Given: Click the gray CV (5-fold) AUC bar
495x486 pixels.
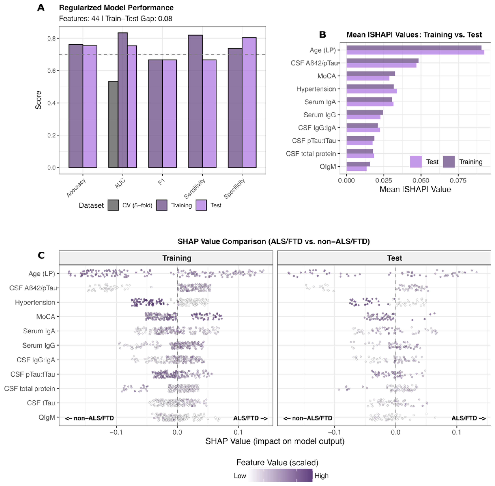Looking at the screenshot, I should pos(113,124).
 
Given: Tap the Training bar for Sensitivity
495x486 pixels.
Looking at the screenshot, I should pos(195,101).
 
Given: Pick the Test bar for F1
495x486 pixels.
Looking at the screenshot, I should pos(169,114).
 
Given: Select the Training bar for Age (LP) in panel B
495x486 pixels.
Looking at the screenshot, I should pos(413,48).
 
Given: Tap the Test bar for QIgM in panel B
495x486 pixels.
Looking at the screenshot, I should pos(356,169).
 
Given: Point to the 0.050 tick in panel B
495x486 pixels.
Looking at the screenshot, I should pos(421,180).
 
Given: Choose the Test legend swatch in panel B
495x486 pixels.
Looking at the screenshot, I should pos(416,162).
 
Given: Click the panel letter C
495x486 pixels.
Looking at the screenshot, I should pos(41,255).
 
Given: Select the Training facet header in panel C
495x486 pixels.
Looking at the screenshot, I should pos(177,258).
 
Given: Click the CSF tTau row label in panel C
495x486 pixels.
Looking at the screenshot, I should pos(41,403).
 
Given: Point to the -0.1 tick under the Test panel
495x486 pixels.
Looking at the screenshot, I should pos(334,432).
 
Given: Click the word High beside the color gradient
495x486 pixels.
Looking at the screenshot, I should pos(321,476).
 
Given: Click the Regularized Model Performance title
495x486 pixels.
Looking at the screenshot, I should pos(116,8).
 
